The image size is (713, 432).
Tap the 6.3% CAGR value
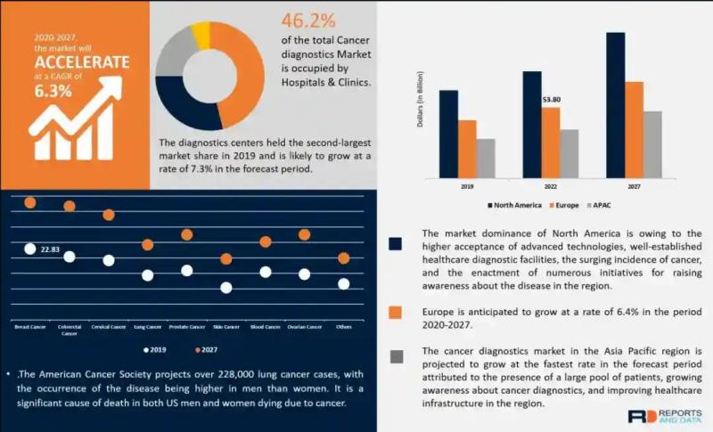(x=54, y=91)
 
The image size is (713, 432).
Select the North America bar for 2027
(x=615, y=104)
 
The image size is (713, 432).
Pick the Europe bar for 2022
(x=551, y=142)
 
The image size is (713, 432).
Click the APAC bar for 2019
(x=486, y=158)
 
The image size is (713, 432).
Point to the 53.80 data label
(x=552, y=100)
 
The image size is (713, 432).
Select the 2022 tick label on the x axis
(x=551, y=187)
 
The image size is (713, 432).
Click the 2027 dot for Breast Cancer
(x=30, y=203)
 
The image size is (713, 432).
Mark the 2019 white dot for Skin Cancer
(x=226, y=288)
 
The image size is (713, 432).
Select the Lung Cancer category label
(x=148, y=327)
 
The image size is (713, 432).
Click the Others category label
(x=344, y=327)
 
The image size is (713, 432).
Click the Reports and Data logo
(x=664, y=416)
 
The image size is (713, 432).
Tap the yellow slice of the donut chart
(x=201, y=36)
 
